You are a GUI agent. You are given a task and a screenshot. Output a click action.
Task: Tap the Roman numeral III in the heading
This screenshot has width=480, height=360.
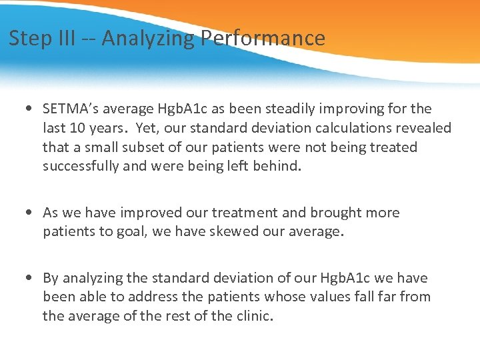tap(61, 38)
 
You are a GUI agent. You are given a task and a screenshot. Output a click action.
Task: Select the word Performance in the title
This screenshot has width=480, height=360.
tap(263, 38)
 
